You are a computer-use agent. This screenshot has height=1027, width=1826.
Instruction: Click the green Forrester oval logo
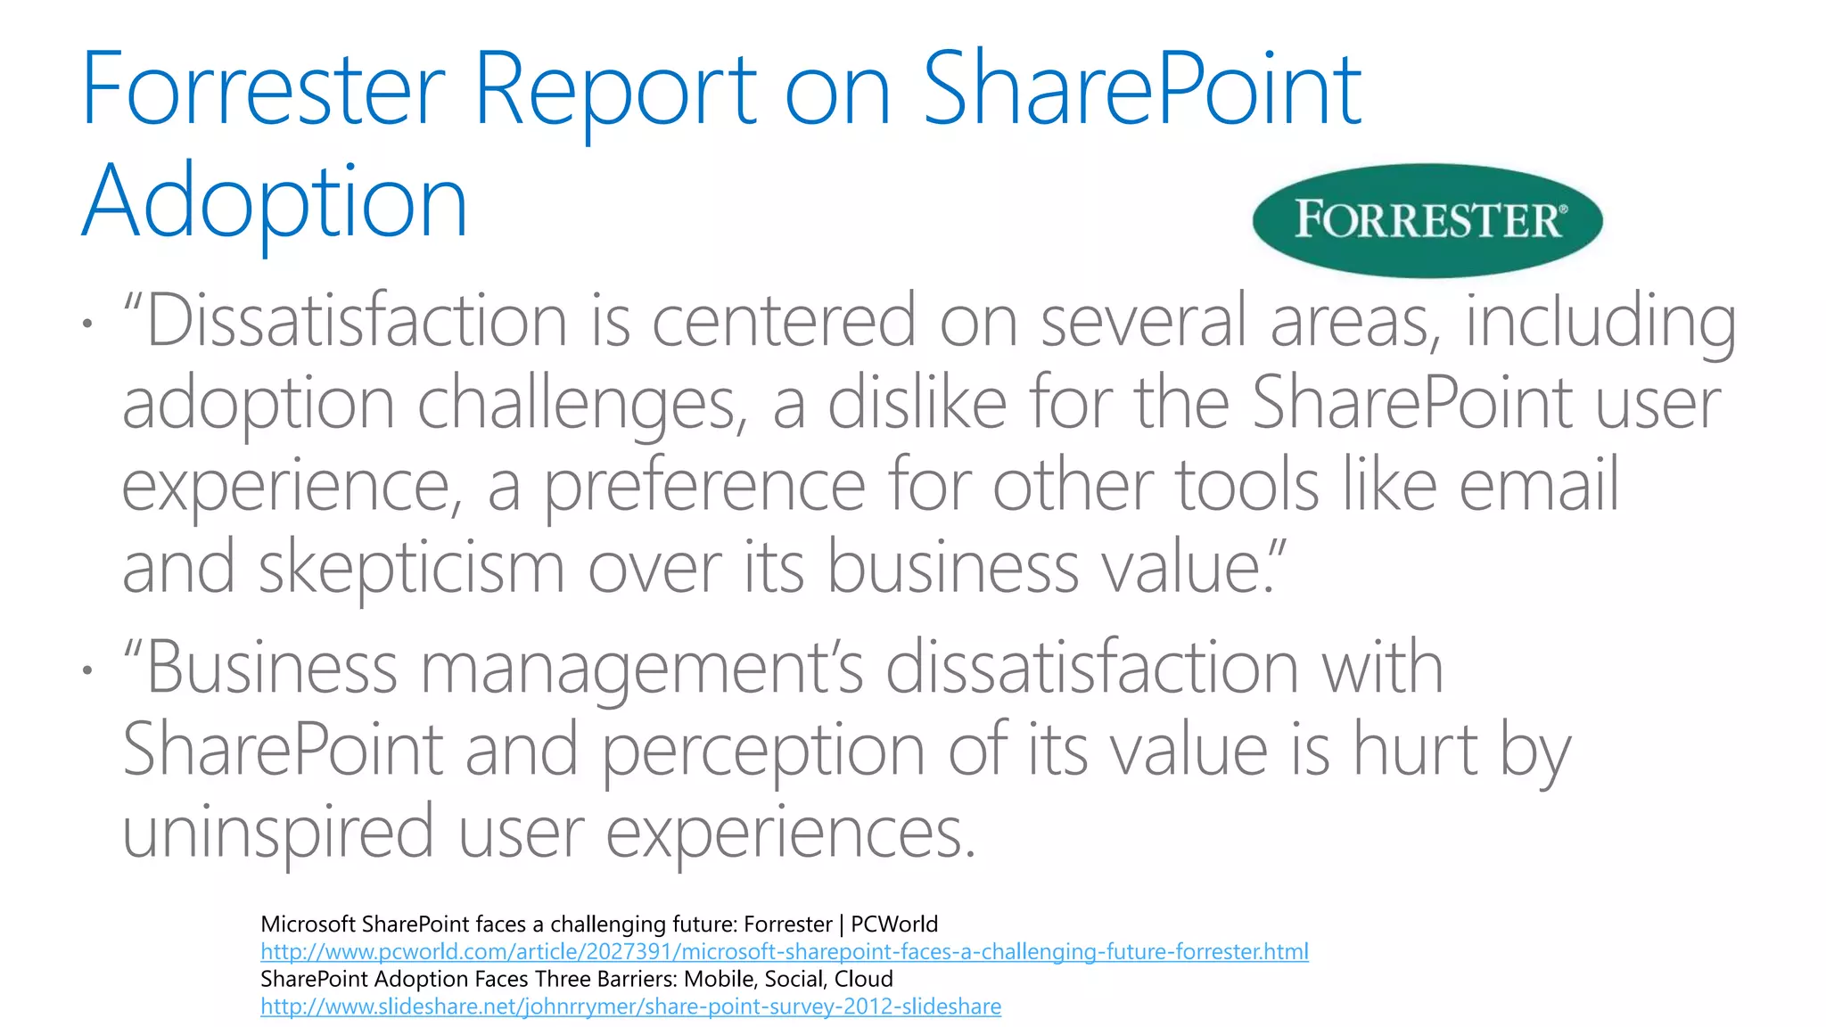point(1427,220)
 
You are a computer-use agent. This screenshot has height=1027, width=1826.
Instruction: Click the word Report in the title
point(615,89)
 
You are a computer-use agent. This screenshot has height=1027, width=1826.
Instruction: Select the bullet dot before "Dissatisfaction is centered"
point(86,323)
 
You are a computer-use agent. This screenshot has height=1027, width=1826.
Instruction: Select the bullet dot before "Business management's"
point(86,670)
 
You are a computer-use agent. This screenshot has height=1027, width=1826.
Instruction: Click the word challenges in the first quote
point(582,404)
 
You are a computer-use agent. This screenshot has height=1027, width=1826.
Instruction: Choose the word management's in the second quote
point(642,669)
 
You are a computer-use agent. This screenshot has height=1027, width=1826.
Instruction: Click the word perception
point(763,751)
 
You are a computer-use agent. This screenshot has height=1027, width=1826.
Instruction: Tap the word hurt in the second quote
point(1416,751)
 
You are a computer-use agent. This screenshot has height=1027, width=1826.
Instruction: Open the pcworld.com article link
point(784,951)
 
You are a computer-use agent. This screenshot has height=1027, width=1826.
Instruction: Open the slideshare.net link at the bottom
point(630,1006)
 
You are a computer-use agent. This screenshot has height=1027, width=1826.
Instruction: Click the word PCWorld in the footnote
point(893,924)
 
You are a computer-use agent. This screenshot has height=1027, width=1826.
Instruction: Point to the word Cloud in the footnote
point(863,979)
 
